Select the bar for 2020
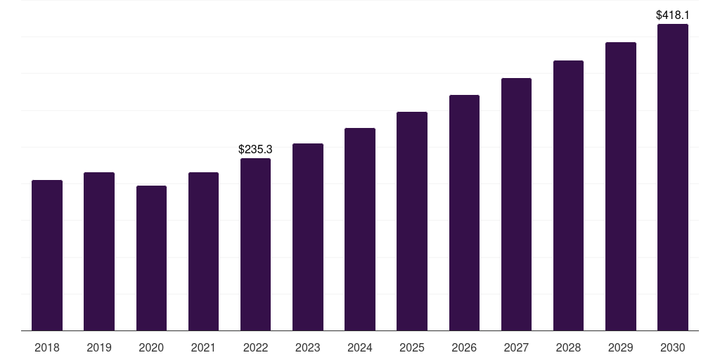coord(151,258)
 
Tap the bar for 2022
coord(255,245)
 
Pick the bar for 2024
coord(360,229)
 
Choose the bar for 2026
coord(464,213)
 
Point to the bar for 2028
coord(568,195)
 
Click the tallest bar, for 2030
coord(672,177)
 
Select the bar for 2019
coord(99,252)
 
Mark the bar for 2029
coord(620,186)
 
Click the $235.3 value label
coord(255,149)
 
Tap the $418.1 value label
coord(672,15)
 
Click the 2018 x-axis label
coord(47,347)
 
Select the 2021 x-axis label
coord(203,347)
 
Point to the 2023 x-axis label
coord(307,347)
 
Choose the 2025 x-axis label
coord(412,347)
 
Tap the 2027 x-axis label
coord(516,347)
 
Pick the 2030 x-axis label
coord(672,347)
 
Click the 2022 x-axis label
coord(255,347)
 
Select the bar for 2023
coord(307,237)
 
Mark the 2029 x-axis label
coord(620,347)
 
